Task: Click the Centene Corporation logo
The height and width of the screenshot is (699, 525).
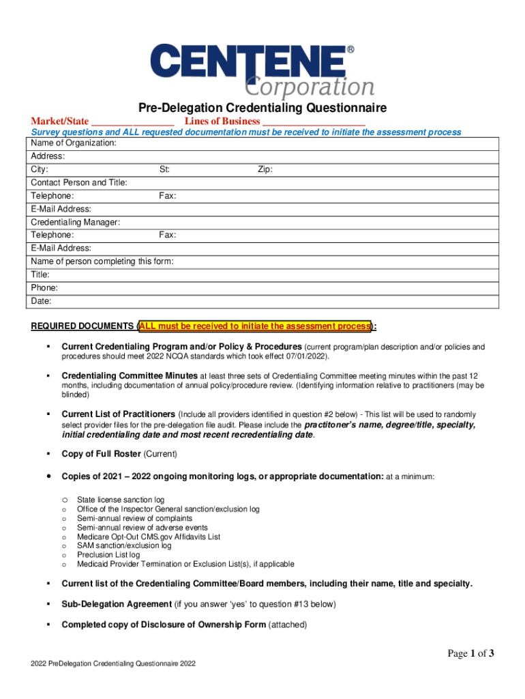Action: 262,70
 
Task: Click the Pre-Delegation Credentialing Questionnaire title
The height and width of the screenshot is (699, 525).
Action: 262,108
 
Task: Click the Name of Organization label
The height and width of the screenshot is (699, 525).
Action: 74,143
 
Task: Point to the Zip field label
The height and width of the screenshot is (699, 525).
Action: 265,169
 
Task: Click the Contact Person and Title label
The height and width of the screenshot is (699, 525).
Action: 79,182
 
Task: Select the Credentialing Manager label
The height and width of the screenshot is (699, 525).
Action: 76,222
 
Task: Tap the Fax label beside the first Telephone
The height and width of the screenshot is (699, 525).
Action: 168,196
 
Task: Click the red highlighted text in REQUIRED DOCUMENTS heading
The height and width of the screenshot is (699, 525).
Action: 254,326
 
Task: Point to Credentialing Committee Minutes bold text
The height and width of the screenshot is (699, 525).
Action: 130,375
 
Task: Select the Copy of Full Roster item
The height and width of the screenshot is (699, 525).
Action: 119,454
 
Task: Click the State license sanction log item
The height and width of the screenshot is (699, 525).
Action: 121,500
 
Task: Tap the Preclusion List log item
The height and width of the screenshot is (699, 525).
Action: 108,555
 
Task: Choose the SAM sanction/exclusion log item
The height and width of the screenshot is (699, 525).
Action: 124,546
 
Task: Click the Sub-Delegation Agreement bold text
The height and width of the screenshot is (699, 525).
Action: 117,604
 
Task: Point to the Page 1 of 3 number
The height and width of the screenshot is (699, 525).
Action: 470,654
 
